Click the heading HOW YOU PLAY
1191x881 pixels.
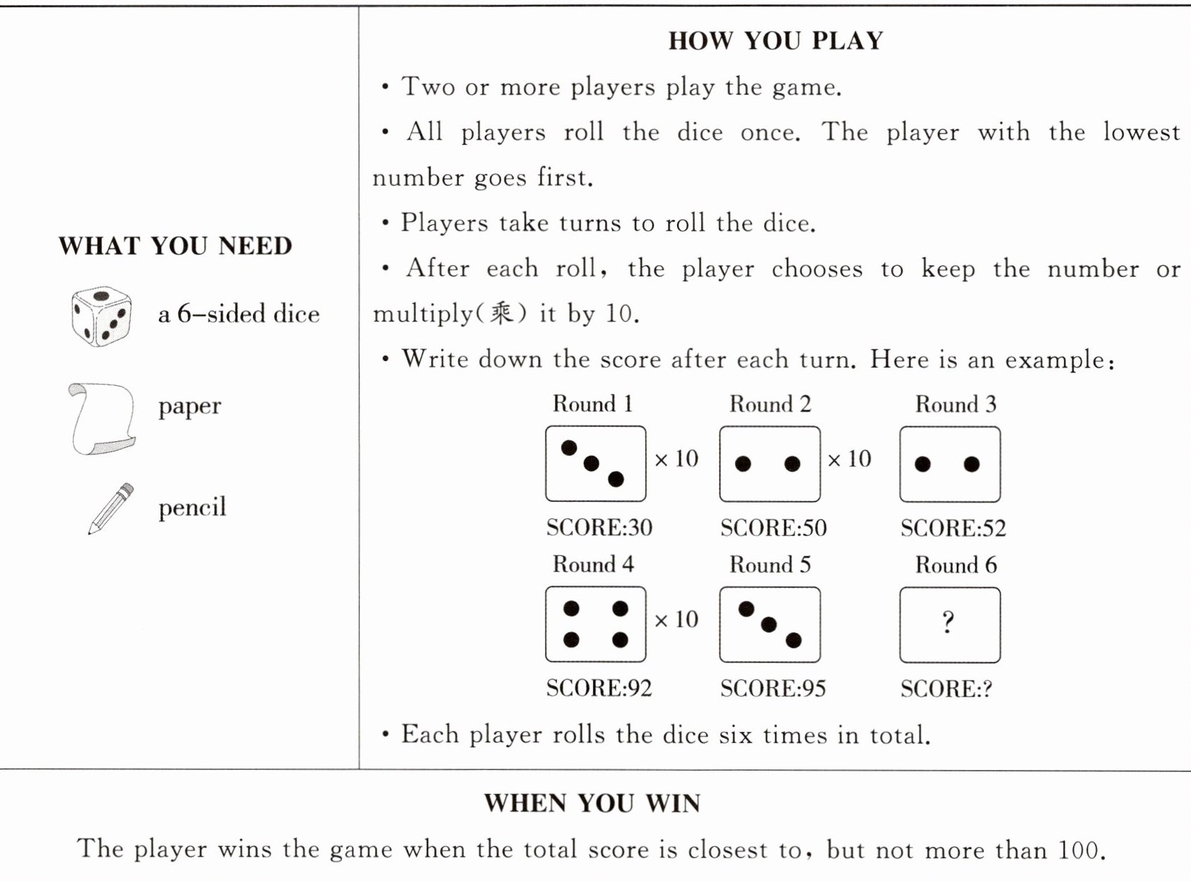(x=775, y=41)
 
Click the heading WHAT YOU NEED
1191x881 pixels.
(x=175, y=245)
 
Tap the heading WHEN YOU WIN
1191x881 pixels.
(x=592, y=803)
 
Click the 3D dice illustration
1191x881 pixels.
(x=101, y=316)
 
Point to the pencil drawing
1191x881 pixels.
(x=111, y=508)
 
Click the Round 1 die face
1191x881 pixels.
(x=595, y=464)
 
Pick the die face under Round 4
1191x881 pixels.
(x=595, y=624)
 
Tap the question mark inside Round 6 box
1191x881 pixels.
(x=949, y=622)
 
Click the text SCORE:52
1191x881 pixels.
(x=953, y=528)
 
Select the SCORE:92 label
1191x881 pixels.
(x=599, y=688)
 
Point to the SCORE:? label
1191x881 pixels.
(x=946, y=689)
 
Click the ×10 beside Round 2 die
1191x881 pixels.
(x=849, y=459)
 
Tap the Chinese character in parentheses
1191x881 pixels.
(x=502, y=313)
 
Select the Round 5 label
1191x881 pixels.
(x=770, y=565)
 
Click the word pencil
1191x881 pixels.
(x=192, y=508)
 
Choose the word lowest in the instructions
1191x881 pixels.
(x=1142, y=132)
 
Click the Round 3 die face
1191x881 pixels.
(x=950, y=464)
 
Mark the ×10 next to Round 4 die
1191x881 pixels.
(x=676, y=619)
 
